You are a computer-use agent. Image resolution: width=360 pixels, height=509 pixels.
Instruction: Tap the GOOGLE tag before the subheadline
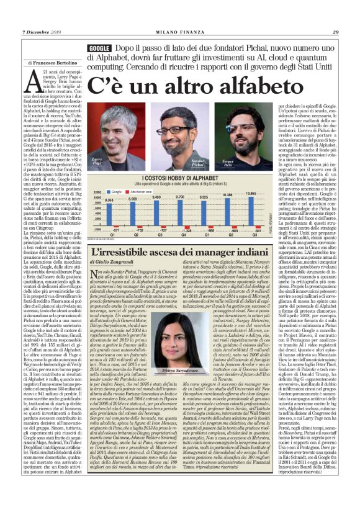pos(99,48)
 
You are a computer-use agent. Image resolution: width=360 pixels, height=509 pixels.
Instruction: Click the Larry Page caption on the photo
pos(98,162)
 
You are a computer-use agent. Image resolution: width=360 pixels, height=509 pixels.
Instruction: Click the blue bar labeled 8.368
pos(110,210)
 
